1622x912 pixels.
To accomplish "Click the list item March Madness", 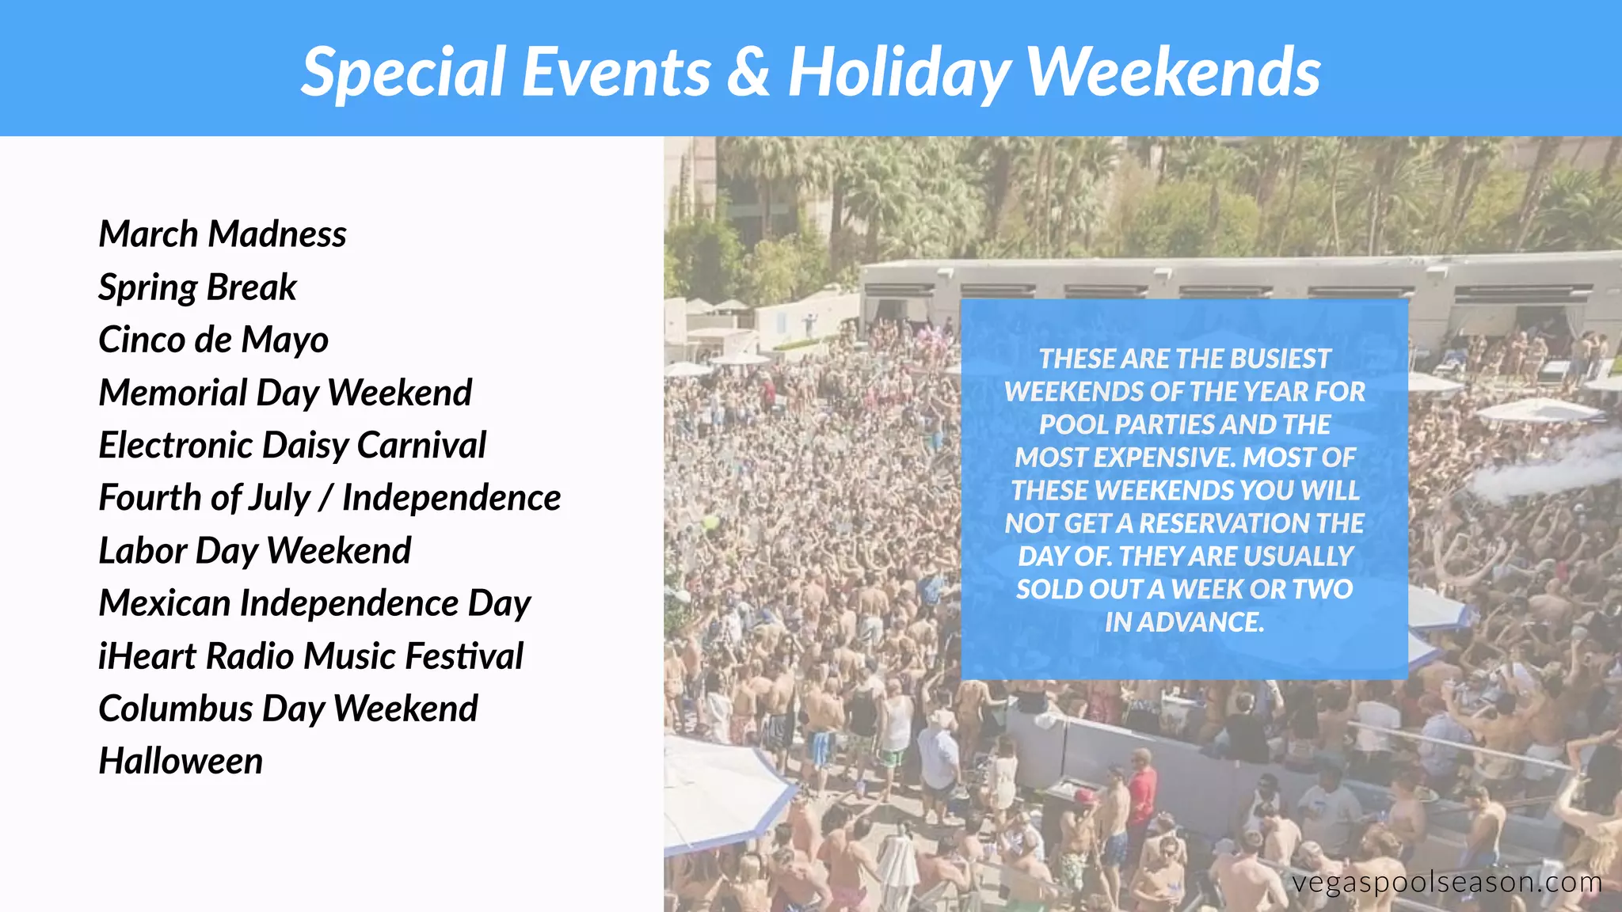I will (x=222, y=234).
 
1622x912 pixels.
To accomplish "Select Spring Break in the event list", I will (x=197, y=287).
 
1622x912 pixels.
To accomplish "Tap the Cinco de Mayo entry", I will (x=213, y=340).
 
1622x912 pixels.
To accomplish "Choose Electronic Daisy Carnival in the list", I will (x=291, y=445).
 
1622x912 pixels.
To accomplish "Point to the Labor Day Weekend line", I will (x=254, y=551).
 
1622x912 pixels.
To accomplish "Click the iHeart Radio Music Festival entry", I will (x=310, y=656).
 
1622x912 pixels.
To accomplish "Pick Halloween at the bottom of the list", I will (x=181, y=762).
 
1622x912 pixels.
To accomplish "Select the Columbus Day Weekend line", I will (x=287, y=709).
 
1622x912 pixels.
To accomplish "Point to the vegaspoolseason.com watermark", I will (x=1446, y=882).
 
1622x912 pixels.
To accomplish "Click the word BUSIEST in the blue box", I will (x=1280, y=359).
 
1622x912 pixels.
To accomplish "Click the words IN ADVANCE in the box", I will (x=1184, y=622).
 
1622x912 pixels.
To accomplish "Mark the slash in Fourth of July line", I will (x=326, y=499).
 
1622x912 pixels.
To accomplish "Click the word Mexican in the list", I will (x=164, y=603).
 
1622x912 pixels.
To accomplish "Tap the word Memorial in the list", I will (x=173, y=393).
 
